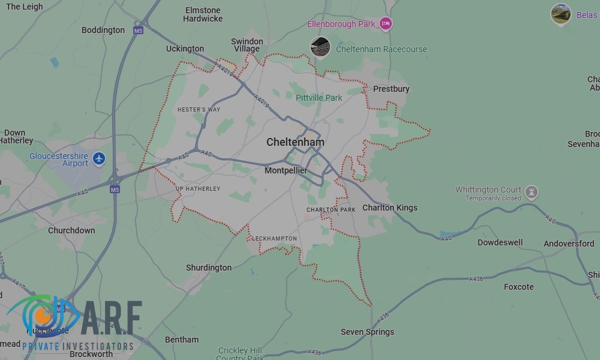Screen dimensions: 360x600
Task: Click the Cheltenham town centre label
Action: [x=295, y=142]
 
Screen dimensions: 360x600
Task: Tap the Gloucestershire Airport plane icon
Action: [x=99, y=159]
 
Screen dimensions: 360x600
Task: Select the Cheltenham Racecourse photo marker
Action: [x=320, y=47]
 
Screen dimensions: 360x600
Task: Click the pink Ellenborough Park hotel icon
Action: [x=386, y=24]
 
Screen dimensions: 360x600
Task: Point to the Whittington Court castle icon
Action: [x=531, y=193]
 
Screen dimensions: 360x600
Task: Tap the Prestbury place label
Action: [x=391, y=89]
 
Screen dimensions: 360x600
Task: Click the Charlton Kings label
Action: [x=389, y=208]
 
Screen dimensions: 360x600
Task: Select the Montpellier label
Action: [x=286, y=170]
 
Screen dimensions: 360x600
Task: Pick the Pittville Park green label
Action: [x=319, y=97]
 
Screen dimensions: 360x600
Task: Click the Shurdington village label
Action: [x=209, y=268]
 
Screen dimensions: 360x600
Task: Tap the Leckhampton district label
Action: [x=274, y=238]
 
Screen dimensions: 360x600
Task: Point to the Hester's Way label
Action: [x=199, y=110]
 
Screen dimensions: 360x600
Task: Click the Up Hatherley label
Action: [x=198, y=188]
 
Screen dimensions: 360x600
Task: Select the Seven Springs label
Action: [x=367, y=332]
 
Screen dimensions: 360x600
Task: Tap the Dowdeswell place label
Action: [x=500, y=242]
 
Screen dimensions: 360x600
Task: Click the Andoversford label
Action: [x=569, y=244]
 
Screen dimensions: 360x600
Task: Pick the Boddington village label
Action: [x=103, y=30]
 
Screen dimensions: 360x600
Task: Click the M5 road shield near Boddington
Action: [x=139, y=30]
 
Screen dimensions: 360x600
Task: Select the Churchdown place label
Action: [x=71, y=230]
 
